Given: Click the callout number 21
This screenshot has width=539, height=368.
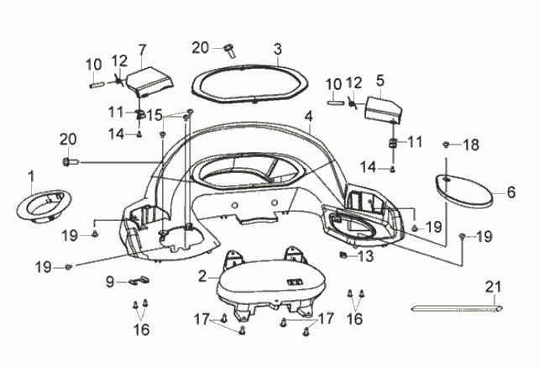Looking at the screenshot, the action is (494, 287).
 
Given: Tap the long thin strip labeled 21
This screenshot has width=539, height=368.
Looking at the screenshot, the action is (458, 309).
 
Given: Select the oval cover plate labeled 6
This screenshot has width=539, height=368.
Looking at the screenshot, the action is (463, 191).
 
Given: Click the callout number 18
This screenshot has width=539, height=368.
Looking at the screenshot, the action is (471, 145).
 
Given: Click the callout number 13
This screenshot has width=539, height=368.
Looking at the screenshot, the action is (365, 256).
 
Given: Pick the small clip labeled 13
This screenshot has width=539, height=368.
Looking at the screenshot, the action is (343, 255).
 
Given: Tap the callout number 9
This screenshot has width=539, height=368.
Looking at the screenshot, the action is (110, 282).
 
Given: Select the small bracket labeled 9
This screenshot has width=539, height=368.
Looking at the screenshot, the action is (139, 280).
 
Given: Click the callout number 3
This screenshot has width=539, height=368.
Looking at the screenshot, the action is (278, 49).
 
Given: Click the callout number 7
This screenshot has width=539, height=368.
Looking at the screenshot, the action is (143, 50).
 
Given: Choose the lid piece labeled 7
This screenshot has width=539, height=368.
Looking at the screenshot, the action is (150, 81).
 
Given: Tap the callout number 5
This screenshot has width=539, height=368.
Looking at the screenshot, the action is (379, 80).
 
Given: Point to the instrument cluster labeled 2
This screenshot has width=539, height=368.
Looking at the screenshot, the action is (271, 282).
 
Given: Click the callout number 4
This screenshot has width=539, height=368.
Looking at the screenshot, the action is (309, 117).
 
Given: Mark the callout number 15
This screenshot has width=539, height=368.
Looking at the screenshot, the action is (154, 115).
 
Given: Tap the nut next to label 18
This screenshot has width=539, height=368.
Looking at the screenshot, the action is (446, 145).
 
